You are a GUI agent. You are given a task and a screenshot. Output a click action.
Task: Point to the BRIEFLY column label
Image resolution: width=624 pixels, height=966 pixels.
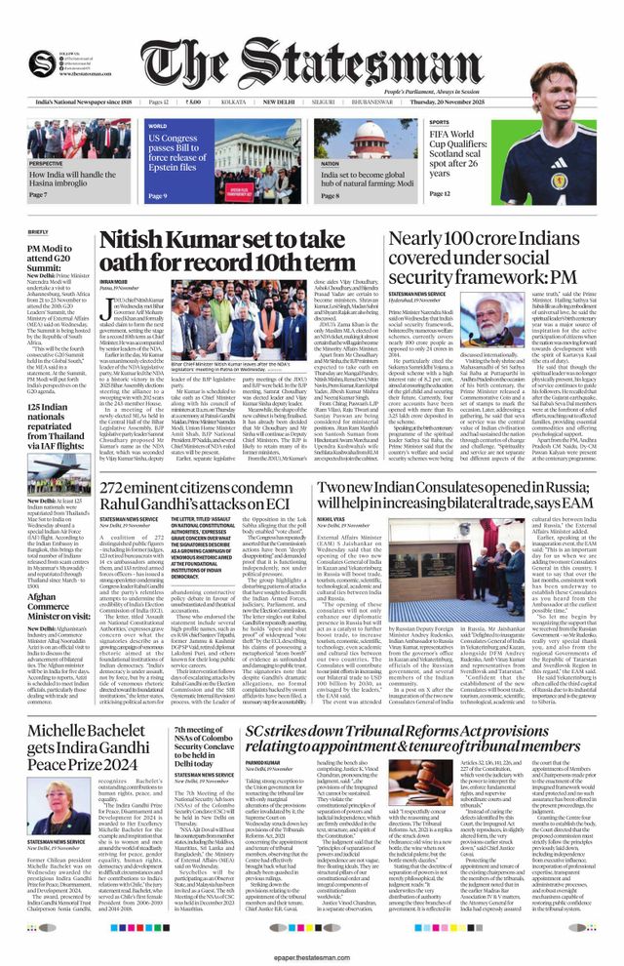[38, 231]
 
